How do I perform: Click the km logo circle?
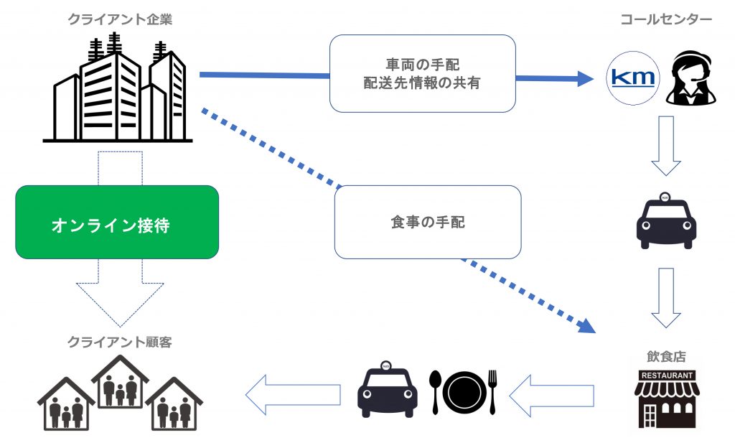pos(633,78)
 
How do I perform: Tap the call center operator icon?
pos(691,78)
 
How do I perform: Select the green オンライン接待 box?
pos(117,222)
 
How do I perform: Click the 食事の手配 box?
pos(428,222)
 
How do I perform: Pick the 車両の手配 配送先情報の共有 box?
pos(422,73)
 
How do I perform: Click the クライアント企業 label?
pos(120,19)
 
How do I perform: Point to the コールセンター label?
pos(666,19)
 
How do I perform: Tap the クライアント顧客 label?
pos(120,342)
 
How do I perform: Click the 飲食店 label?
pos(666,357)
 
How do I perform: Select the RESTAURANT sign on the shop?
pos(667,375)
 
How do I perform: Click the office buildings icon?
pos(118,87)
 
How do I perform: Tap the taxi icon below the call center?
pos(666,220)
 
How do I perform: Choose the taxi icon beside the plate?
pos(387,389)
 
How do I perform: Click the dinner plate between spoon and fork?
pos(464,393)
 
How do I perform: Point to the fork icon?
pos(492,392)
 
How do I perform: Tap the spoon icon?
pos(435,392)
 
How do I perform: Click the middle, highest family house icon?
pos(120,381)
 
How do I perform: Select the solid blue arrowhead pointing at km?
pos(586,79)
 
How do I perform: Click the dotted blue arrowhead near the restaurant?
pos(586,325)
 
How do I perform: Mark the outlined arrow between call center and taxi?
pos(666,146)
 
